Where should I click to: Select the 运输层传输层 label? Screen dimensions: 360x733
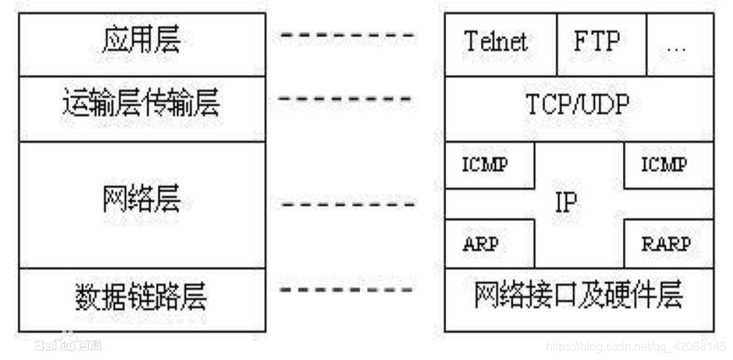pos(141,105)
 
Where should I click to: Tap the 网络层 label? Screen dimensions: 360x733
pos(141,200)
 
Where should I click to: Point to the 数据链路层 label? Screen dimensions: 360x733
pos(141,296)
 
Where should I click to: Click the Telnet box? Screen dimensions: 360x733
pos(496,42)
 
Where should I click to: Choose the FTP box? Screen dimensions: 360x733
pos(596,42)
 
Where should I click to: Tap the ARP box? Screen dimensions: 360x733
pos(484,245)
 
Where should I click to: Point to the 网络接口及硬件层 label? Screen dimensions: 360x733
pos(578,296)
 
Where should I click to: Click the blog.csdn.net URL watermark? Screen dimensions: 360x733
pos(635,347)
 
